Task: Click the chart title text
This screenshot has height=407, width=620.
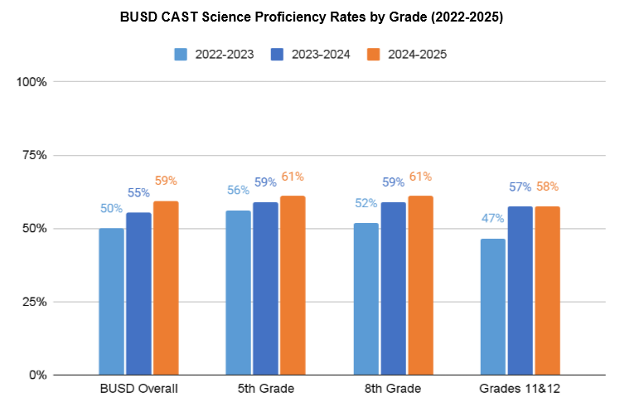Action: (310, 17)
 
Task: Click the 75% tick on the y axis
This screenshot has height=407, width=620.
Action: (34, 155)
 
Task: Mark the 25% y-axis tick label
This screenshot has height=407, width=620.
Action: (34, 302)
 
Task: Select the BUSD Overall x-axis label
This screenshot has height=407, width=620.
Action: (138, 388)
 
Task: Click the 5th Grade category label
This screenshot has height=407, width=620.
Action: (266, 388)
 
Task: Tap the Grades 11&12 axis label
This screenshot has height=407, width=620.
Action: (521, 388)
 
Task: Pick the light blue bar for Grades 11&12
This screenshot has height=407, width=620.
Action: (493, 307)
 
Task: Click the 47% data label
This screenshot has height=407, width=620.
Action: (493, 218)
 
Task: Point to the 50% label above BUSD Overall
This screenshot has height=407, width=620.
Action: (111, 209)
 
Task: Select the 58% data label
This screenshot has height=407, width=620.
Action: (547, 187)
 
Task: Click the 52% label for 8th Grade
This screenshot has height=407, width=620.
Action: (366, 203)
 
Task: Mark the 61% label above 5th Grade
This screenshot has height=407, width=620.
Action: (293, 177)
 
